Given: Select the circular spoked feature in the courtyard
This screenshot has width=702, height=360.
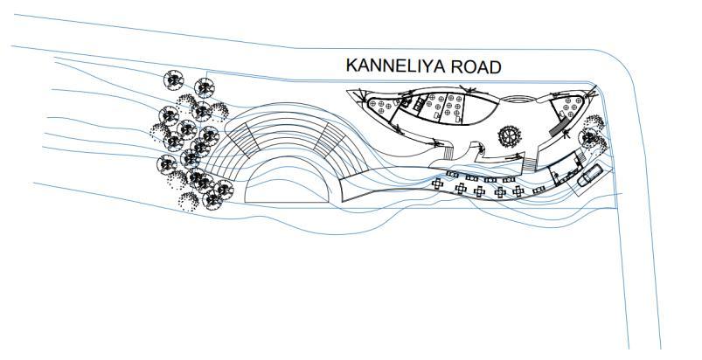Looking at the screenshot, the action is [x=508, y=135].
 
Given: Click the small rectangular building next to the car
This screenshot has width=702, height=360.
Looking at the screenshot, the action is [x=563, y=168].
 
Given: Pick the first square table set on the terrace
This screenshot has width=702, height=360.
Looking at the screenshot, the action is [x=437, y=185].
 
